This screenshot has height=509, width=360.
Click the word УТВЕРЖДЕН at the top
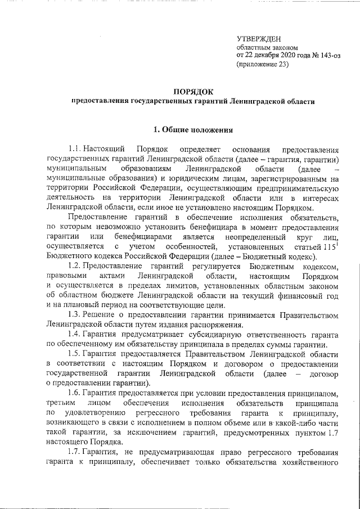(x=259, y=38)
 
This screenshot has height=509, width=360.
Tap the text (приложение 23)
(x=262, y=65)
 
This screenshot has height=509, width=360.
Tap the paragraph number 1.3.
(x=75, y=313)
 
